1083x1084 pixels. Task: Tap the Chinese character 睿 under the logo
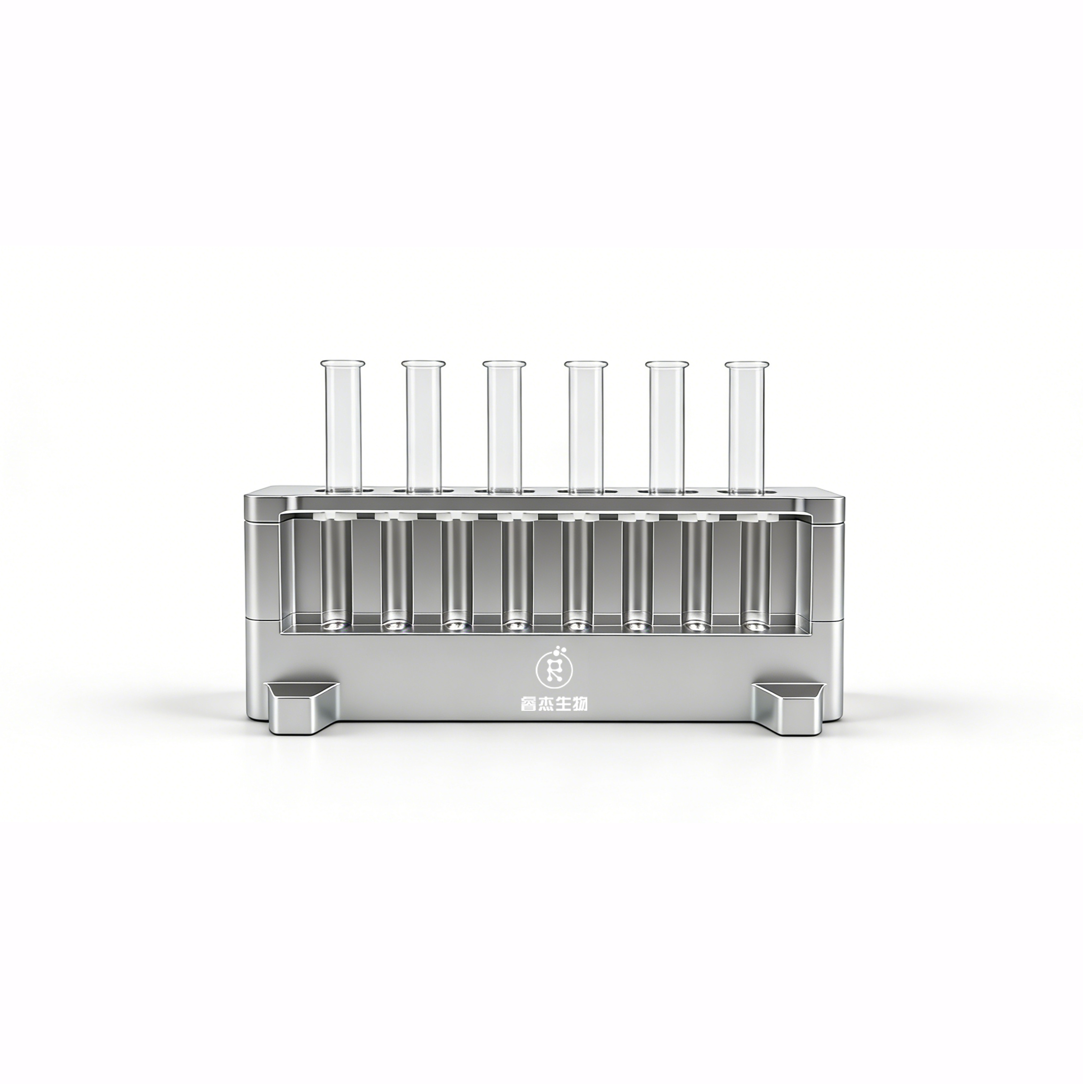(529, 704)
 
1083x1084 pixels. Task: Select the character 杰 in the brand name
(546, 704)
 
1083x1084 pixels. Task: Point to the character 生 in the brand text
(563, 704)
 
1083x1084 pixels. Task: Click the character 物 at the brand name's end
(580, 704)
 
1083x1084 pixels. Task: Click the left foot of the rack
(302, 708)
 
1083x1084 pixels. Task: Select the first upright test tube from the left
(341, 427)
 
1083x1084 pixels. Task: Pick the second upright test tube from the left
(423, 427)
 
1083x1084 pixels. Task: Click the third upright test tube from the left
(505, 427)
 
